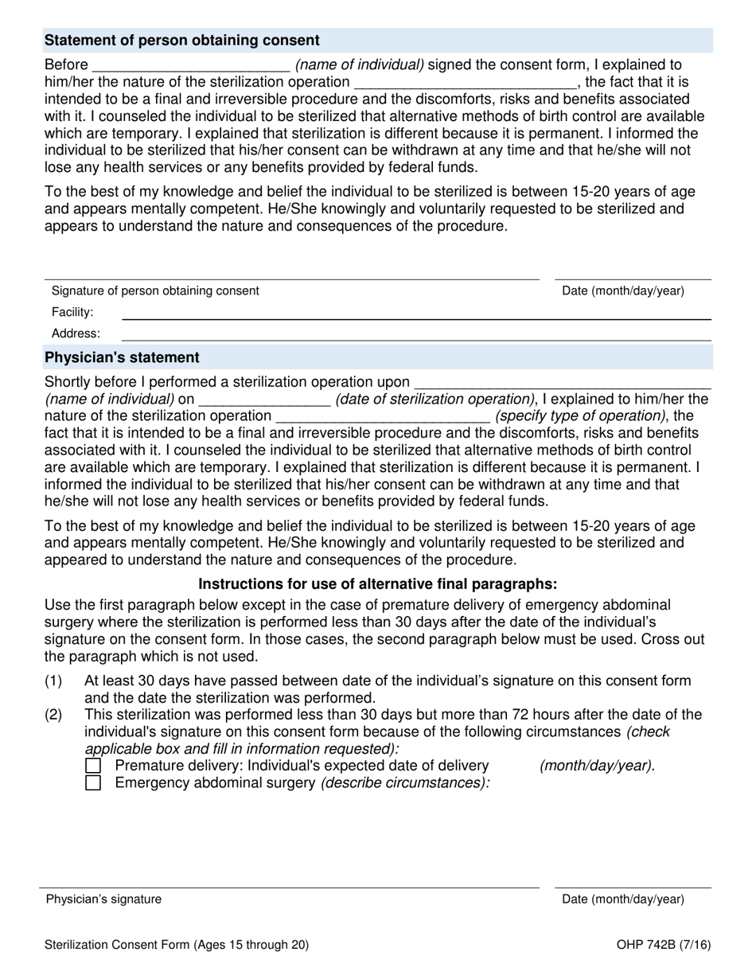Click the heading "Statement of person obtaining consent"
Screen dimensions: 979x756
point(182,41)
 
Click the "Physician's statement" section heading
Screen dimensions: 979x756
point(123,357)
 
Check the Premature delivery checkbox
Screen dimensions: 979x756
point(93,766)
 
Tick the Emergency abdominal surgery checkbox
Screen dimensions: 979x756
point(93,783)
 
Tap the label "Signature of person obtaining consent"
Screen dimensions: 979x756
point(155,291)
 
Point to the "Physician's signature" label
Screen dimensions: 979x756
point(103,899)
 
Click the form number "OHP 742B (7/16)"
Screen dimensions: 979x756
point(663,946)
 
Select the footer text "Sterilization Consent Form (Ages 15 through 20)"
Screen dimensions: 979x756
point(177,946)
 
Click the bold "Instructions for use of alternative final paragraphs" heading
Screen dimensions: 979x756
point(377,583)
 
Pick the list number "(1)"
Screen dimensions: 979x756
point(53,681)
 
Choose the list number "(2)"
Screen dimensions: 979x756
point(53,715)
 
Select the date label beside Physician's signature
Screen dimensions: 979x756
point(623,899)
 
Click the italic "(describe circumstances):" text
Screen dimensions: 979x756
point(405,783)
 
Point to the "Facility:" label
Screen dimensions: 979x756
point(72,313)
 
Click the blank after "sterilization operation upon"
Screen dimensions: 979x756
point(563,383)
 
